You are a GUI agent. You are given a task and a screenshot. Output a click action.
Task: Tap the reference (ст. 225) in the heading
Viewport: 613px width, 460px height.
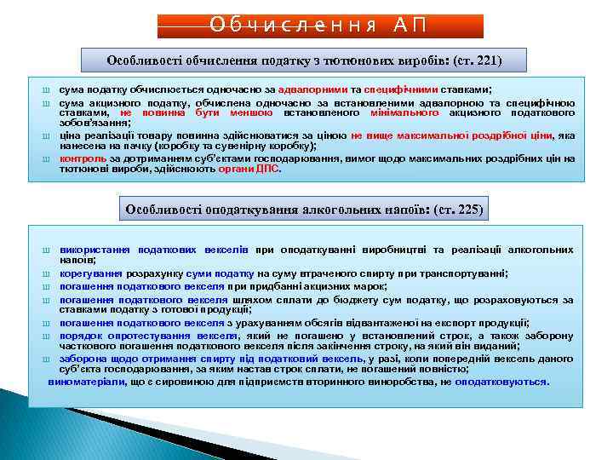(x=457, y=209)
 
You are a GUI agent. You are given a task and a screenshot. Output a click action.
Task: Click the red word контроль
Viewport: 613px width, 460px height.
(x=83, y=158)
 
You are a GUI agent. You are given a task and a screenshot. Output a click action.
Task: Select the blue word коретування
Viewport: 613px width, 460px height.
(x=92, y=273)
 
